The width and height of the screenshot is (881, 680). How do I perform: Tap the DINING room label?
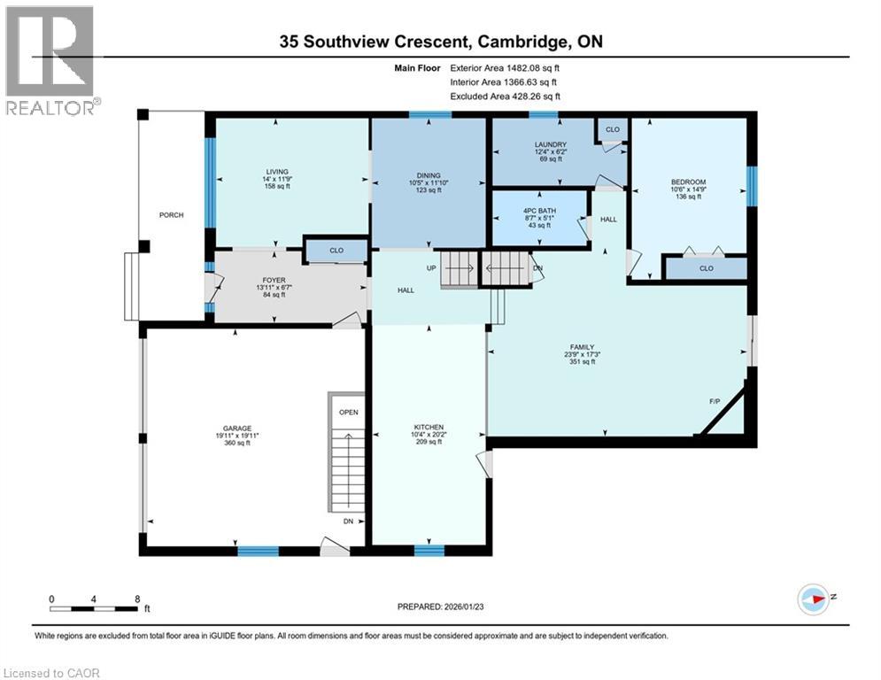click(x=428, y=175)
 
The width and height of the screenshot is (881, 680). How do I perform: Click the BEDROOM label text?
click(x=688, y=182)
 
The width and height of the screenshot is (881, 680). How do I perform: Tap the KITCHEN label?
click(x=428, y=427)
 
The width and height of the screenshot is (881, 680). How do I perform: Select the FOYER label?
click(x=249, y=279)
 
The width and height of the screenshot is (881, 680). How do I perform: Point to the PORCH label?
click(x=171, y=215)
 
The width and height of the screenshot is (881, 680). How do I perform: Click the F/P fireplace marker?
click(x=714, y=400)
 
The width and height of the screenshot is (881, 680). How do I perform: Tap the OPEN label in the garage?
click(x=349, y=413)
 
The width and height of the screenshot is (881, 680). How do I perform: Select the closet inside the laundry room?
click(x=612, y=129)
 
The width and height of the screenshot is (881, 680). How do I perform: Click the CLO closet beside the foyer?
click(x=336, y=251)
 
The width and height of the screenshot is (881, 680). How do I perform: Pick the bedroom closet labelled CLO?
click(x=706, y=267)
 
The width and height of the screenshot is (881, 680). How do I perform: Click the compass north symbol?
click(x=814, y=598)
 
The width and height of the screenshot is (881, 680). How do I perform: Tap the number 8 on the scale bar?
click(x=137, y=599)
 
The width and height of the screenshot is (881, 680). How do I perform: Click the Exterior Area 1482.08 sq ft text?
click(x=505, y=66)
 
